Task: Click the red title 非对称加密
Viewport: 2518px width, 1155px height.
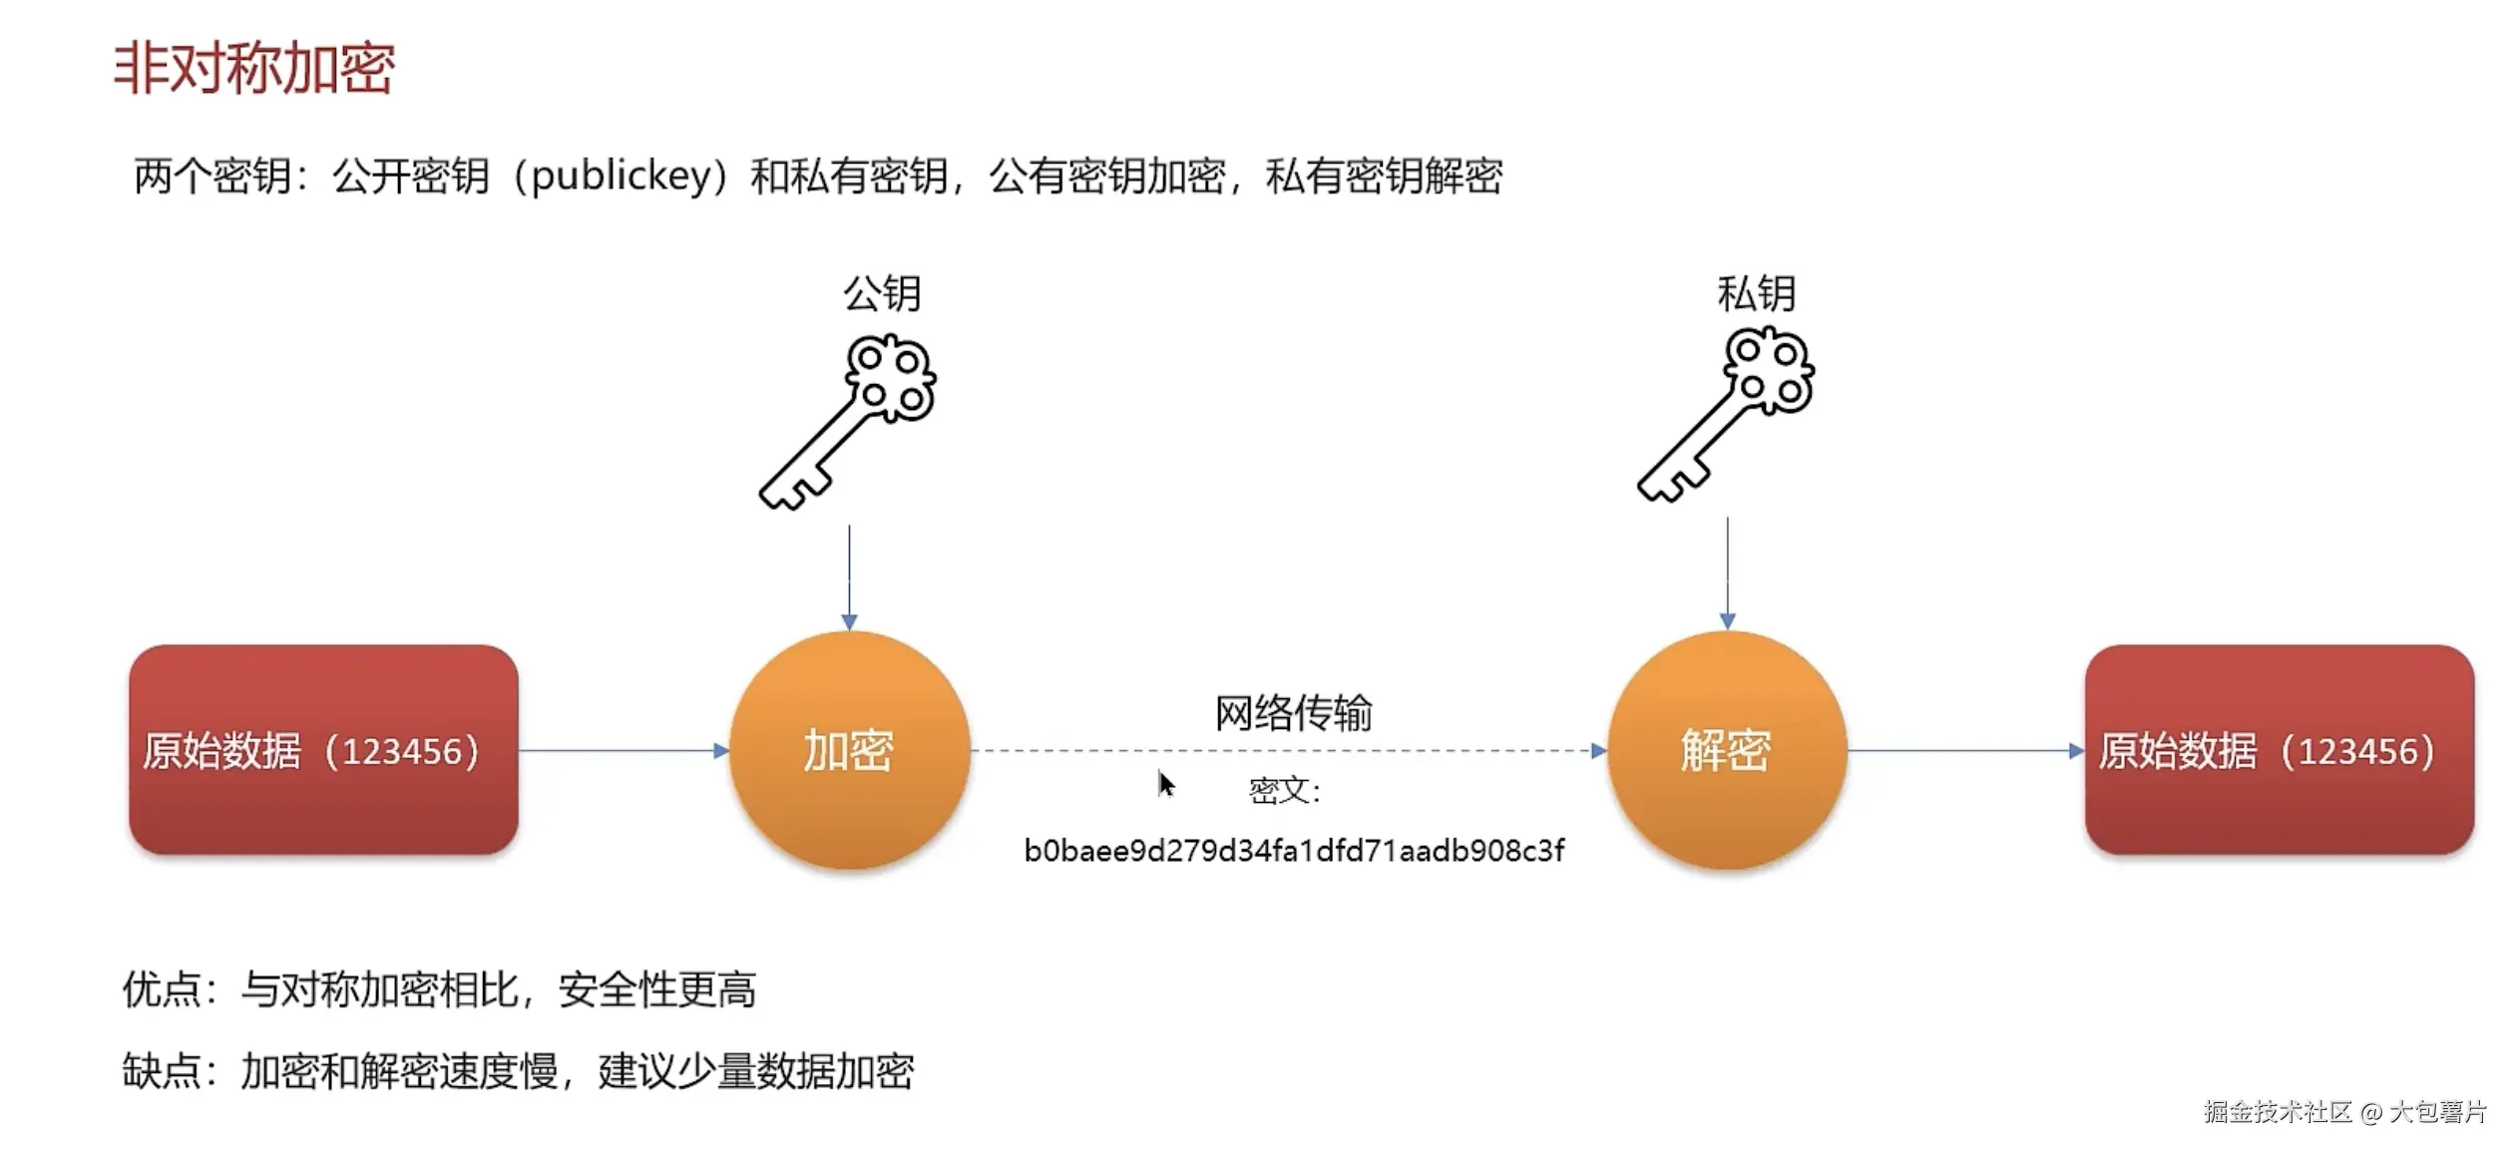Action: pos(254,68)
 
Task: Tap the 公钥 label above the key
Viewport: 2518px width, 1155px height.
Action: pos(882,293)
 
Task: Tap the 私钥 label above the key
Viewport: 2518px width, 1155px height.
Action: pos(1756,293)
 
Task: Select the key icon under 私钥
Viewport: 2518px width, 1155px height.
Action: pos(1726,415)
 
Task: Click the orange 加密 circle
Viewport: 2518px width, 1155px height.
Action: pos(849,750)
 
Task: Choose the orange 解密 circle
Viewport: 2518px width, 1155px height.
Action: pos(1726,750)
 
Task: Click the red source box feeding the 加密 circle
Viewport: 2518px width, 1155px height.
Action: pos(323,750)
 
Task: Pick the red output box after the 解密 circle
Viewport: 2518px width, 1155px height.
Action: pos(2279,750)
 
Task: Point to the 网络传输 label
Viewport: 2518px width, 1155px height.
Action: pos(1293,712)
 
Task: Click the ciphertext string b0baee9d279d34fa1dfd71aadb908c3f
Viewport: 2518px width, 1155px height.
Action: pos(1294,851)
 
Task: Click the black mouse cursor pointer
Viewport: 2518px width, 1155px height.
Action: pos(1165,784)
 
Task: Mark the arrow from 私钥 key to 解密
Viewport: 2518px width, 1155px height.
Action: pos(1727,573)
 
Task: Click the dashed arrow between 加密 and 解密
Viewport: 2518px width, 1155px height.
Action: pos(1287,750)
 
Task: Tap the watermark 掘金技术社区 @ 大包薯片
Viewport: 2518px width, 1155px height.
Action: pos(2344,1111)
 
